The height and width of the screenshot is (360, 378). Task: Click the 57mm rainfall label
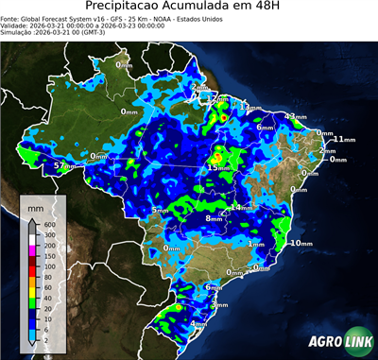(63, 166)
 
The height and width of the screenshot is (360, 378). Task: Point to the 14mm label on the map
(242, 207)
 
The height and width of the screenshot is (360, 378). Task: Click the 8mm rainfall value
(215, 218)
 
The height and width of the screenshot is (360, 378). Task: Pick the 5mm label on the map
(161, 210)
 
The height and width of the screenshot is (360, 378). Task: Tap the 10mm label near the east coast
(301, 243)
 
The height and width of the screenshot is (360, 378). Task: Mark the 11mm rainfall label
(342, 140)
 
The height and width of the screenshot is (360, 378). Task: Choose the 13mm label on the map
(246, 108)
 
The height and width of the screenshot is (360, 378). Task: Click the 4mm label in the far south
(198, 324)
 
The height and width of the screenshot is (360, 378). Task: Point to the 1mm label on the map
(255, 243)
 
